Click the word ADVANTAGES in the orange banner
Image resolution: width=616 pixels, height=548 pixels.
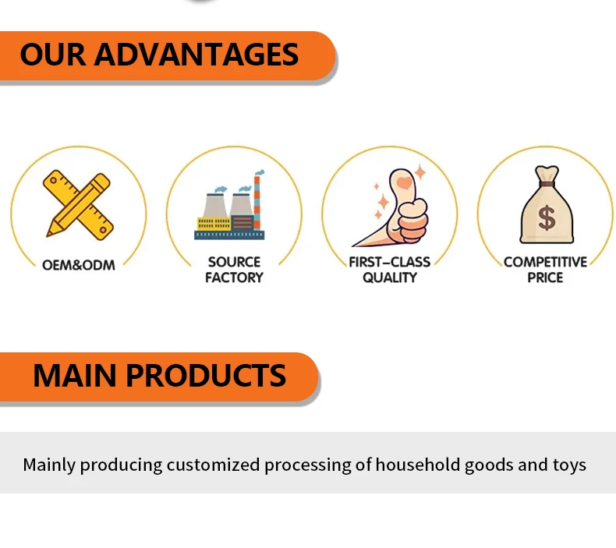click(196, 55)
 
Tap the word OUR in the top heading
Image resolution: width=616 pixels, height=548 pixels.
click(53, 55)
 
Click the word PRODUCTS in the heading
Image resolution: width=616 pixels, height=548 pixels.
click(206, 376)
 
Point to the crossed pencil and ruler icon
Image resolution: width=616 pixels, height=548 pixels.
click(78, 205)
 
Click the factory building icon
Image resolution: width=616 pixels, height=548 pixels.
click(230, 205)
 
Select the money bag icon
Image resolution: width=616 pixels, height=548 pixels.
click(547, 204)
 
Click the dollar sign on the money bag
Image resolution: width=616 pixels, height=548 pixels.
click(547, 217)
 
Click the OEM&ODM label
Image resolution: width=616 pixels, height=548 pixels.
click(79, 265)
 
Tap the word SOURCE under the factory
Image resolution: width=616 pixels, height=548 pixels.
click(234, 262)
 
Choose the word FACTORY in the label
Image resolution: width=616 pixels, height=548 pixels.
click(234, 278)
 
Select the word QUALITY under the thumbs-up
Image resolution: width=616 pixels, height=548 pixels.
click(390, 278)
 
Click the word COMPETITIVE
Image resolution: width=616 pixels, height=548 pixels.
click(545, 262)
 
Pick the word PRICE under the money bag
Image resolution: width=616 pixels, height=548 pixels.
click(545, 278)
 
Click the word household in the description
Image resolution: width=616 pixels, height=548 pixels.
click(418, 465)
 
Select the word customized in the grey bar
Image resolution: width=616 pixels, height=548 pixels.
click(213, 465)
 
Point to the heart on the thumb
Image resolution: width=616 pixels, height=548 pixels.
click(404, 182)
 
